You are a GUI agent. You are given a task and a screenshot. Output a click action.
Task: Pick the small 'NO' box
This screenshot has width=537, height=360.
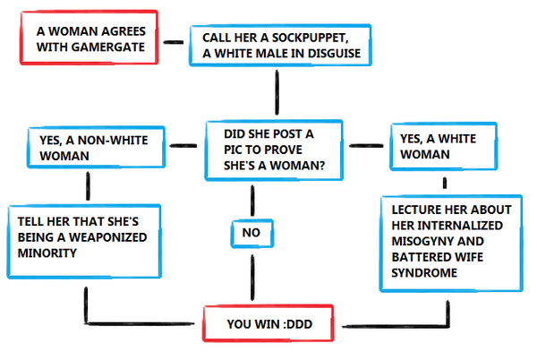(x=251, y=232)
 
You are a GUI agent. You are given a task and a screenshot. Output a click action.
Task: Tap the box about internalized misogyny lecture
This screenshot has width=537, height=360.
(x=447, y=241)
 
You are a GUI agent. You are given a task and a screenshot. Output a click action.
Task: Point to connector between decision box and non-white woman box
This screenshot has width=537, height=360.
(x=184, y=144)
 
